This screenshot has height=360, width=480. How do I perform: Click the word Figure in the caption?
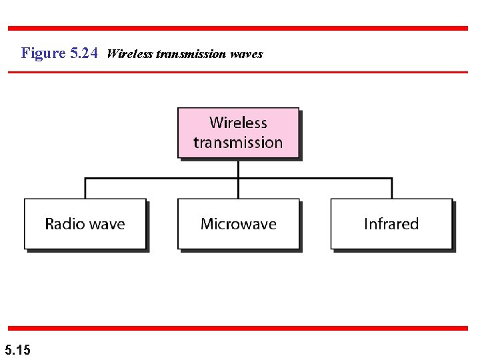click(43, 53)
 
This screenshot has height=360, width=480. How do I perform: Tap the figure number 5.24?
click(84, 53)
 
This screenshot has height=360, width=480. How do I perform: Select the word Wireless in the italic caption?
click(129, 53)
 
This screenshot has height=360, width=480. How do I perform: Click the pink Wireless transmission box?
click(238, 133)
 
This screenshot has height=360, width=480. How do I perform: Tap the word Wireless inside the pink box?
click(238, 123)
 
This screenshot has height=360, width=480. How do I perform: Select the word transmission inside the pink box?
click(238, 143)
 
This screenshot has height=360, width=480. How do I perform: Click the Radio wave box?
click(85, 224)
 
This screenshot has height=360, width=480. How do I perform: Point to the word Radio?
click(64, 224)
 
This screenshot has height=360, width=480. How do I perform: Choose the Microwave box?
click(238, 224)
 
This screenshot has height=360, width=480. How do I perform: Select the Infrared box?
click(391, 224)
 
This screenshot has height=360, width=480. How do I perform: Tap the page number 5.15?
click(17, 349)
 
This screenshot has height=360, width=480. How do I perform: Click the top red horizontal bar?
click(238, 28)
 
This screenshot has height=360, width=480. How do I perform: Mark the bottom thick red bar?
click(238, 328)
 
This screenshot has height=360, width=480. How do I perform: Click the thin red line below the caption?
click(238, 71)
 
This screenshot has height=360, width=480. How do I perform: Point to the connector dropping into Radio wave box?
click(85, 189)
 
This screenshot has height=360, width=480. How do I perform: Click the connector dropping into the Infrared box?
click(392, 189)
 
